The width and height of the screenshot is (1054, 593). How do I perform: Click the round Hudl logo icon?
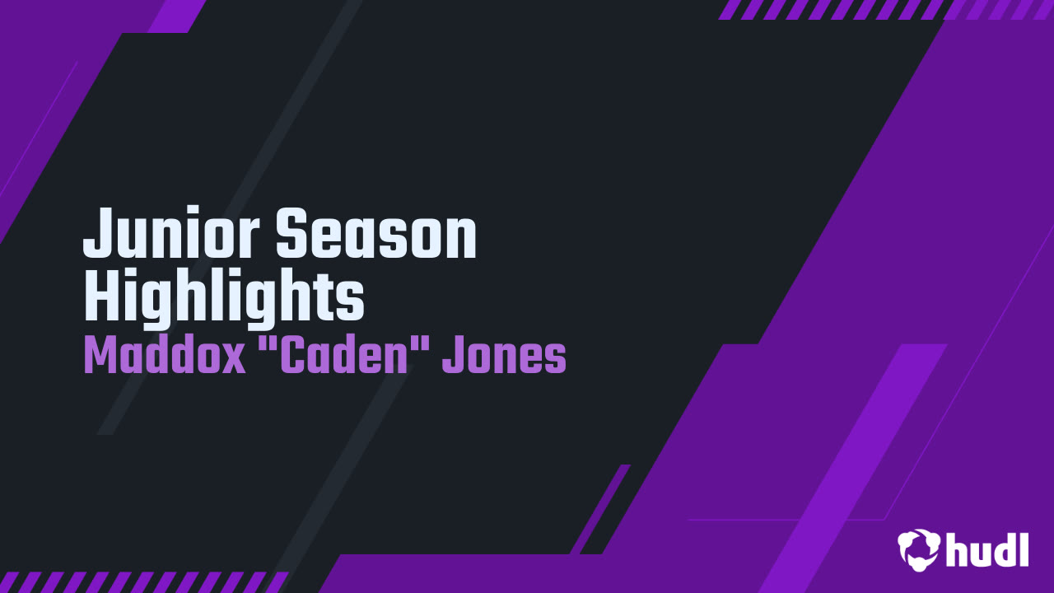pyautogui.click(x=919, y=549)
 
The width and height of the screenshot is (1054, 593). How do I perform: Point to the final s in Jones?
pyautogui.click(x=554, y=360)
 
